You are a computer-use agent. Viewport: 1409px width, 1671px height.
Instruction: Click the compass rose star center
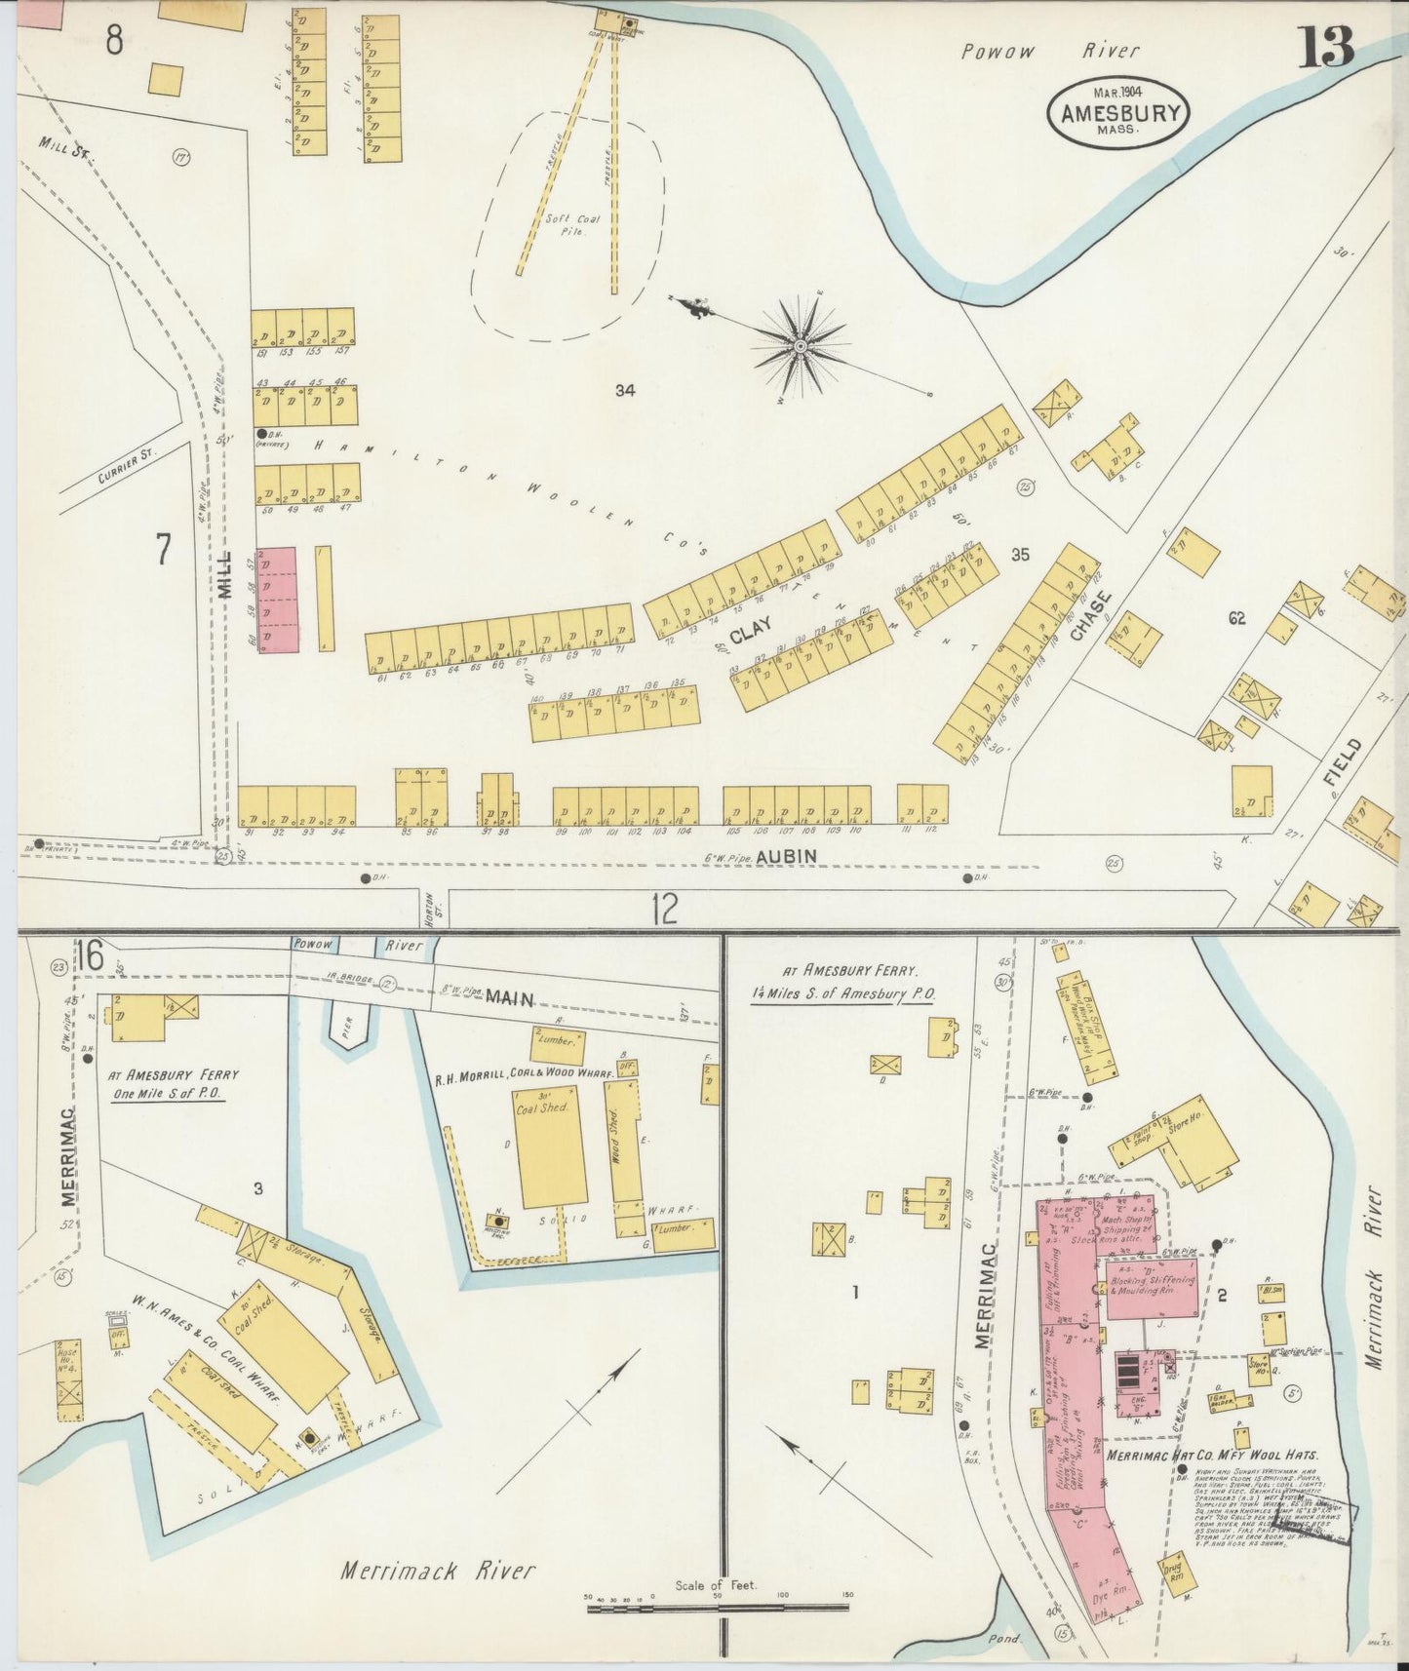(x=801, y=345)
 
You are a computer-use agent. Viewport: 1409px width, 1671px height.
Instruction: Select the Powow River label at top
(x=1048, y=52)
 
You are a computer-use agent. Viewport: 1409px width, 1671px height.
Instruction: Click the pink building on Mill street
(x=276, y=599)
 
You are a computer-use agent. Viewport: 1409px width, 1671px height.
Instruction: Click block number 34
(x=625, y=390)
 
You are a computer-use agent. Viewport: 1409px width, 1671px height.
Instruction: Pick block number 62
(x=1237, y=617)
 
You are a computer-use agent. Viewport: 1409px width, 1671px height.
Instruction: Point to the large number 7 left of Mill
(x=163, y=550)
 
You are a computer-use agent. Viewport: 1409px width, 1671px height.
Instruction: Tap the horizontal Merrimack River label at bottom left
(x=438, y=1570)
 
